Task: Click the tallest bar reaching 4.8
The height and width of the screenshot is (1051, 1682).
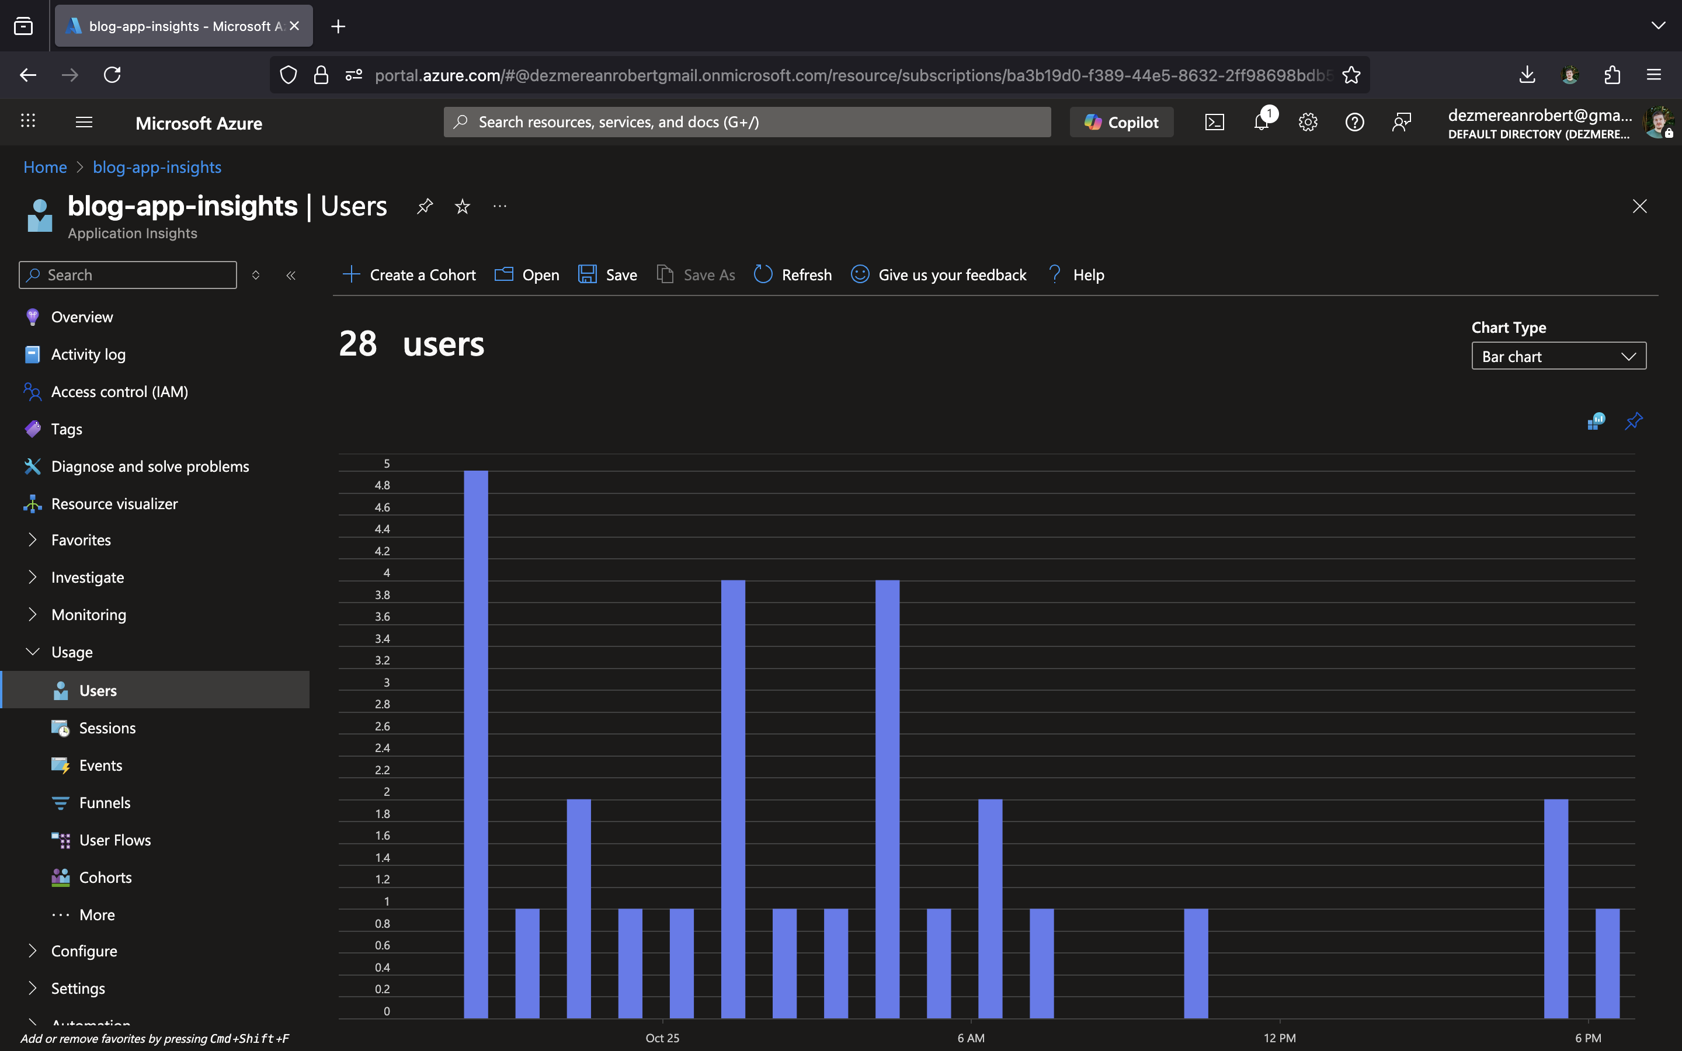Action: coord(475,744)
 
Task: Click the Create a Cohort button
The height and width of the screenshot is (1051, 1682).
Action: coord(409,274)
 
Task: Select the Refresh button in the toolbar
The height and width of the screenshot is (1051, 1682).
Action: coord(793,274)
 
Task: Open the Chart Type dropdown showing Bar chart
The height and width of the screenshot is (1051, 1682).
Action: coord(1558,356)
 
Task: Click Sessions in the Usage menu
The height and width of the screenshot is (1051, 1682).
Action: coord(107,728)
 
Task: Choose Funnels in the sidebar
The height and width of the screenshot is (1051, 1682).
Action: coord(105,803)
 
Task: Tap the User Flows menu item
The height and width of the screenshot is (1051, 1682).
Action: coord(114,840)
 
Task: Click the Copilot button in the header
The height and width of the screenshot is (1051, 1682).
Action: coord(1121,123)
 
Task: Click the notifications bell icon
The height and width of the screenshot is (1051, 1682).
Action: coord(1261,123)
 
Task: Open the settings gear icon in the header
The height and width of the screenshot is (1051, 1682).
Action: coord(1308,123)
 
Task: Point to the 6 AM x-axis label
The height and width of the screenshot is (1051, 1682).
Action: coord(970,1038)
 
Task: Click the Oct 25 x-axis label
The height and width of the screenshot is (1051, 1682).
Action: coord(662,1038)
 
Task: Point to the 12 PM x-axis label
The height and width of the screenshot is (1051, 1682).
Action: coord(1279,1038)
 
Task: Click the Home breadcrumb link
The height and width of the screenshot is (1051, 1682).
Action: coord(45,167)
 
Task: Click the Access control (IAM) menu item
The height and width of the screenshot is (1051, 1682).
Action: coord(120,391)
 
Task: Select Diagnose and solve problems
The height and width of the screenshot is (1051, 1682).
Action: coord(150,467)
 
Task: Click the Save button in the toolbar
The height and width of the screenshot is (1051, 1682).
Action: coord(607,274)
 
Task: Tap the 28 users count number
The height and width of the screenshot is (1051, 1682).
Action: coord(358,343)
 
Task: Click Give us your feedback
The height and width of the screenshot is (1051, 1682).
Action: coord(939,274)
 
